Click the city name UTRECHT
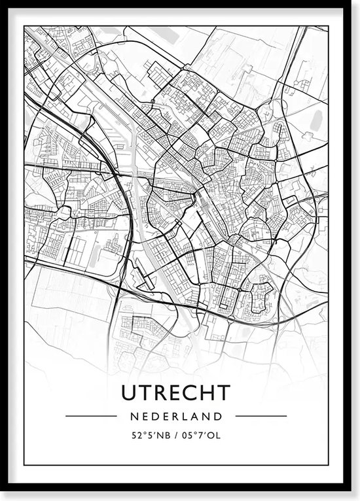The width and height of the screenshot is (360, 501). click(176, 392)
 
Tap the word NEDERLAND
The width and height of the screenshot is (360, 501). click(176, 415)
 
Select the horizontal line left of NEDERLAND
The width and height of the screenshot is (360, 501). click(92, 415)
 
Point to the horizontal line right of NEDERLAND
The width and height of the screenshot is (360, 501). click(260, 415)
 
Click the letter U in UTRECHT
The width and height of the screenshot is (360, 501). click(129, 392)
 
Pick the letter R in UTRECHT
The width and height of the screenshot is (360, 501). click(160, 392)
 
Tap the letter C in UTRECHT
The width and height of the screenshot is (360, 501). click(191, 392)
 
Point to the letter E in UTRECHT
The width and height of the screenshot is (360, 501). click(175, 392)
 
